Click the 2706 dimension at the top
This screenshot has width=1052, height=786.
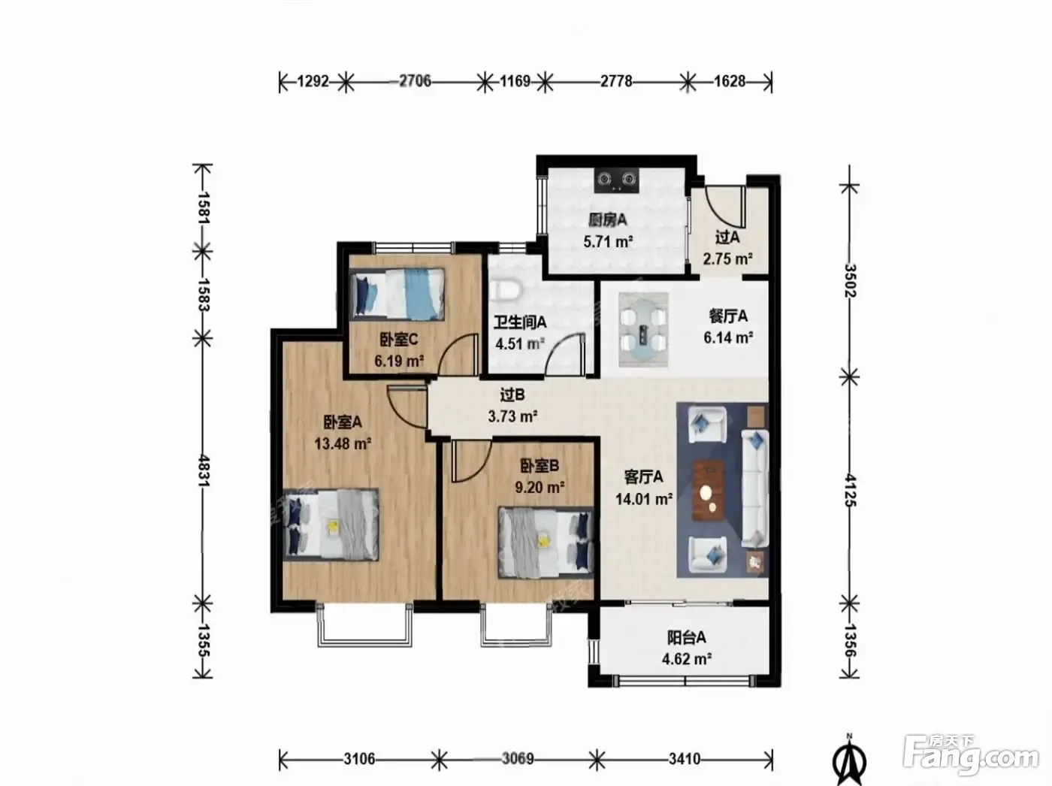tap(415, 81)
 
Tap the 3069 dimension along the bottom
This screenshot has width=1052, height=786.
tap(518, 759)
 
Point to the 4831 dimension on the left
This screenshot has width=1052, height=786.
tap(203, 470)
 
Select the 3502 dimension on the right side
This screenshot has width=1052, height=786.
tap(850, 280)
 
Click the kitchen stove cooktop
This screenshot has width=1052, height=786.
tap(617, 180)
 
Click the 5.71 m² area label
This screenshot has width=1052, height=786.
tap(608, 241)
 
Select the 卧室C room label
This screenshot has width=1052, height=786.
tap(399, 340)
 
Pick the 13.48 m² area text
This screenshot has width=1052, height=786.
tap(343, 444)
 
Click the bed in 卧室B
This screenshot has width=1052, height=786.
tap(546, 542)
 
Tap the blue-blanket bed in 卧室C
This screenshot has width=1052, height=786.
tap(398, 294)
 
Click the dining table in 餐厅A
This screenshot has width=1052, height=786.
tap(643, 329)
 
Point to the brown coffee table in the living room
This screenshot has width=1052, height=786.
tap(709, 490)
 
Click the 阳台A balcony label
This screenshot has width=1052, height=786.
tap(687, 637)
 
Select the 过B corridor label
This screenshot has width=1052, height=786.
tap(512, 395)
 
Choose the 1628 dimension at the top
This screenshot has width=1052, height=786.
tap(730, 81)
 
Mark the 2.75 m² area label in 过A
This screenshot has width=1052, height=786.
tap(727, 258)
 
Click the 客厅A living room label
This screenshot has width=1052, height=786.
tap(644, 477)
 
